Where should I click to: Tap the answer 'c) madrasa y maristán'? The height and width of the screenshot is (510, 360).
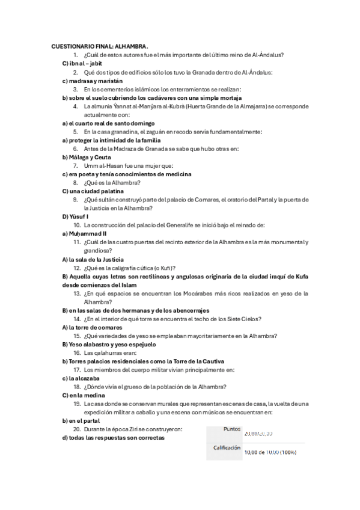pyautogui.click(x=92, y=80)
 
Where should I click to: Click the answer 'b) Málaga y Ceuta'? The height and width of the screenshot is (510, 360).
pyautogui.click(x=89, y=156)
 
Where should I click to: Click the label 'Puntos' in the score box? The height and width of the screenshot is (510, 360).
pyautogui.click(x=231, y=429)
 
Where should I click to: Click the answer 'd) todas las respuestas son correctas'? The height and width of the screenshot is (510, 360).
pyautogui.click(x=114, y=438)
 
